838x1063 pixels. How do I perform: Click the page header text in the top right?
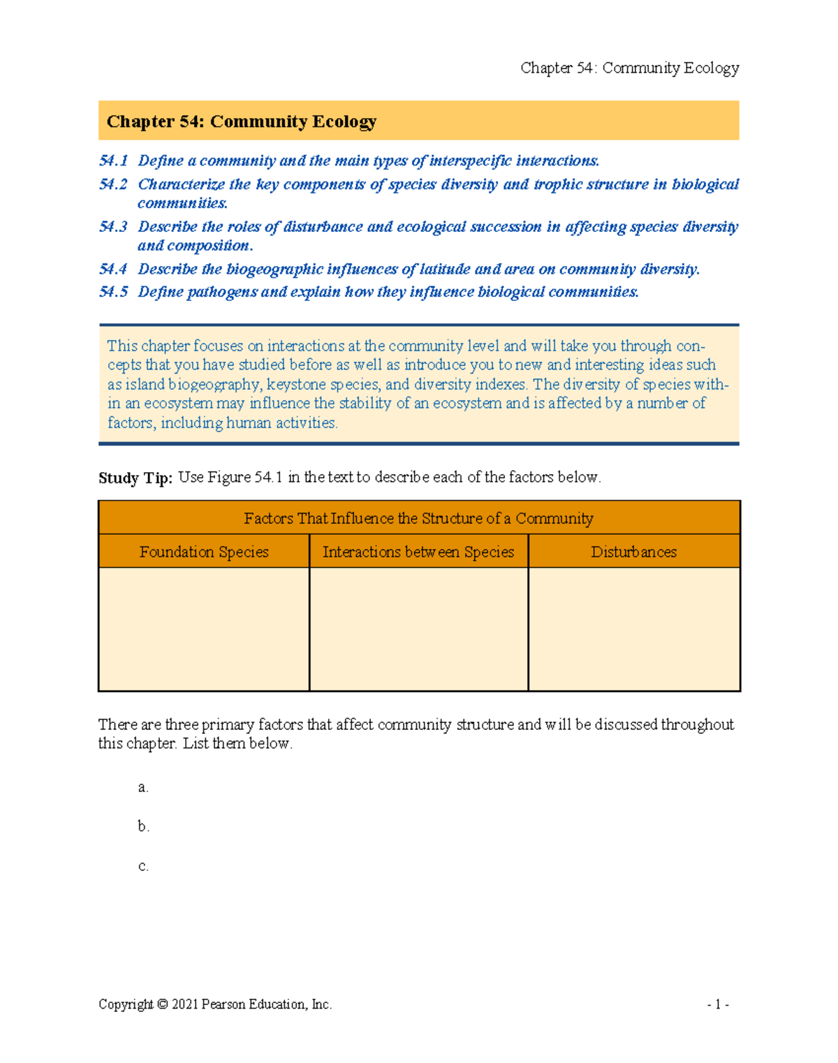click(x=629, y=68)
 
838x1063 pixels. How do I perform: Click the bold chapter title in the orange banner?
click(x=241, y=122)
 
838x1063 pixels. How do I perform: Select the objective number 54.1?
click(x=113, y=161)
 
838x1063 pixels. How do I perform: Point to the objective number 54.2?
click(x=113, y=184)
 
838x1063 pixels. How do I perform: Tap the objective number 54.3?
click(x=113, y=227)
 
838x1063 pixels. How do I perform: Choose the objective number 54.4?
click(x=113, y=270)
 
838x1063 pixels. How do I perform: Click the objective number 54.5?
click(x=113, y=292)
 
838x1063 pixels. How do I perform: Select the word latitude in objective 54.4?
click(x=445, y=270)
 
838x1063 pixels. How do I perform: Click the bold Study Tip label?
click(x=135, y=478)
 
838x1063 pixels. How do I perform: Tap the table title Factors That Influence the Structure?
click(x=418, y=518)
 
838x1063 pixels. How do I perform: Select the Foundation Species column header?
click(x=204, y=552)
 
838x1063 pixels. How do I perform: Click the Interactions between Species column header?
click(x=418, y=552)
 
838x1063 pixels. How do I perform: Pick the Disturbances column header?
click(x=633, y=552)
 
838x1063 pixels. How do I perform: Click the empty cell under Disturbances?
click(x=633, y=629)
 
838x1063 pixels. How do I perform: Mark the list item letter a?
click(x=142, y=787)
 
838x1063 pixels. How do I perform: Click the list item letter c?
click(x=142, y=866)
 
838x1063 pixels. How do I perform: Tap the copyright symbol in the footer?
click(x=162, y=1004)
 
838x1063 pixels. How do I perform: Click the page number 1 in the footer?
click(x=718, y=1004)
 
